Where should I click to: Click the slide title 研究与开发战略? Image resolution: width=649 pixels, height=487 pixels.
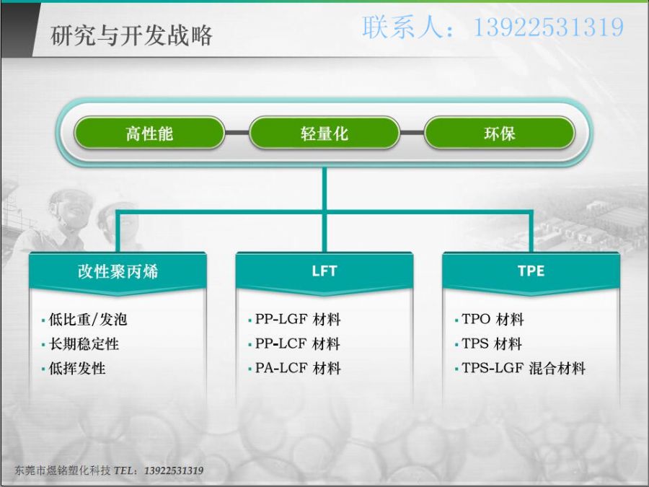(132, 35)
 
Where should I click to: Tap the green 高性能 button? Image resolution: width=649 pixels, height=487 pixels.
(149, 133)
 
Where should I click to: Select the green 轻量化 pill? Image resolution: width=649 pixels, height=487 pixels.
(324, 133)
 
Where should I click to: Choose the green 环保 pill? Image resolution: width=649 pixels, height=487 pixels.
(500, 133)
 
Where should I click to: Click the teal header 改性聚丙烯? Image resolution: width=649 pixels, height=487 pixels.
(118, 272)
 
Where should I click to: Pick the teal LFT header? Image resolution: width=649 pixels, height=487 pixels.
(324, 272)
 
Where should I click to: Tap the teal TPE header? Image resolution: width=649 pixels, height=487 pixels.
(531, 272)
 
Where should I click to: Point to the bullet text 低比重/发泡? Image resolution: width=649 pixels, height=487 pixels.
(88, 320)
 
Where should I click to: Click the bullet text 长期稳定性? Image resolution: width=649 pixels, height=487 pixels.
(84, 344)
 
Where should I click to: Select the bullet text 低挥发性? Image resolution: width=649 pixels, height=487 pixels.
(77, 368)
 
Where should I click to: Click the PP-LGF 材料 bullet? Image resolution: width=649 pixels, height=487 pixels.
(298, 320)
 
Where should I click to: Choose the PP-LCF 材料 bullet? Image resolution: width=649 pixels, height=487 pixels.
(298, 344)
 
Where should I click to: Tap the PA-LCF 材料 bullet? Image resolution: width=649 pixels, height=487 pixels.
(298, 368)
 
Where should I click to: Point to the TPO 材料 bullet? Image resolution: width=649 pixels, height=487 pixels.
(493, 320)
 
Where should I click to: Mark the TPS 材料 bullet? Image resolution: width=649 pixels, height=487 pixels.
(492, 344)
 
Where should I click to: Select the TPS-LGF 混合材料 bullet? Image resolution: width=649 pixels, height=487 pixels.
(524, 368)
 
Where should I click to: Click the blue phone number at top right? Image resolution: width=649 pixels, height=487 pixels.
(549, 27)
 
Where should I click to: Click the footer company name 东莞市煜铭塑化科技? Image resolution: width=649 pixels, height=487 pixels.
(63, 470)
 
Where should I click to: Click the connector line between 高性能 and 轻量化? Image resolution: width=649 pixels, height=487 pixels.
(237, 133)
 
